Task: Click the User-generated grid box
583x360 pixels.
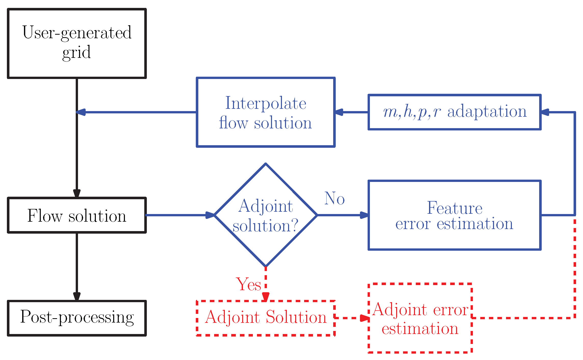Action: pyautogui.click(x=77, y=43)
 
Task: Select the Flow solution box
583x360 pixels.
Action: pyautogui.click(x=77, y=215)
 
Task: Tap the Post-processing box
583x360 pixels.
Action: pyautogui.click(x=77, y=318)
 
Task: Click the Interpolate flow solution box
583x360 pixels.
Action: pyautogui.click(x=266, y=112)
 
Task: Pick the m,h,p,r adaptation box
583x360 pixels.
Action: pyautogui.click(x=455, y=112)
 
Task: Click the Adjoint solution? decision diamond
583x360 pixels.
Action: pyautogui.click(x=266, y=215)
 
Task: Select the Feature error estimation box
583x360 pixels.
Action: pyautogui.click(x=455, y=215)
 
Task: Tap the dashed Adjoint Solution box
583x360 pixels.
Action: pyautogui.click(x=266, y=318)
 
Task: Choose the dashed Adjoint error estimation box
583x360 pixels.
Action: pyautogui.click(x=420, y=318)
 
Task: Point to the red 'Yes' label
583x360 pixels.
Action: pyautogui.click(x=249, y=284)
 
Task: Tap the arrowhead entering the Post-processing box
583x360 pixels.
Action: pyautogui.click(x=77, y=297)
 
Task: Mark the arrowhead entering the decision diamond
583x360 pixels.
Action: pyautogui.click(x=210, y=215)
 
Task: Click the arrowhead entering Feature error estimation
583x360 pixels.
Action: pyautogui.click(x=364, y=215)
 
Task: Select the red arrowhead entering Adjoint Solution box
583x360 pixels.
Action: pyautogui.click(x=266, y=297)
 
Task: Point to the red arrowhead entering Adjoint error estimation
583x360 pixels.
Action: pyautogui.click(x=365, y=318)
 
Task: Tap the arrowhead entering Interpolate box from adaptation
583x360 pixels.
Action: pyautogui.click(x=339, y=112)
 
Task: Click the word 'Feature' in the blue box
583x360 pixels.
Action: pyautogui.click(x=455, y=208)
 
